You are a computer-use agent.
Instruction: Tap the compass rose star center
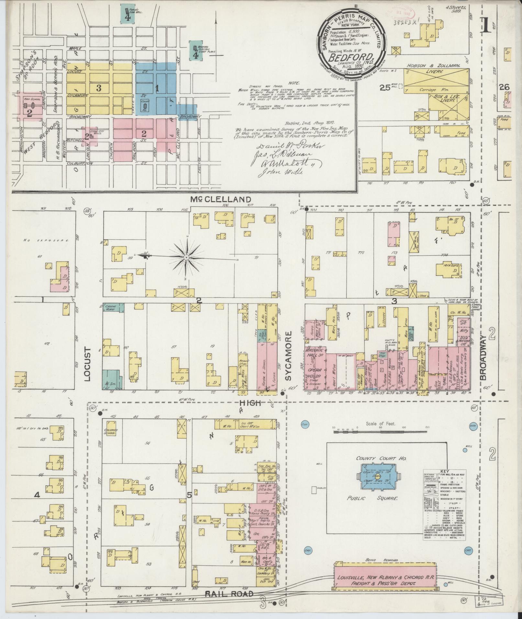click(186, 257)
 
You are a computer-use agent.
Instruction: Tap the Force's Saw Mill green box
click(128, 14)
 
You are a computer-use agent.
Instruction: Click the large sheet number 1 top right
click(485, 26)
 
